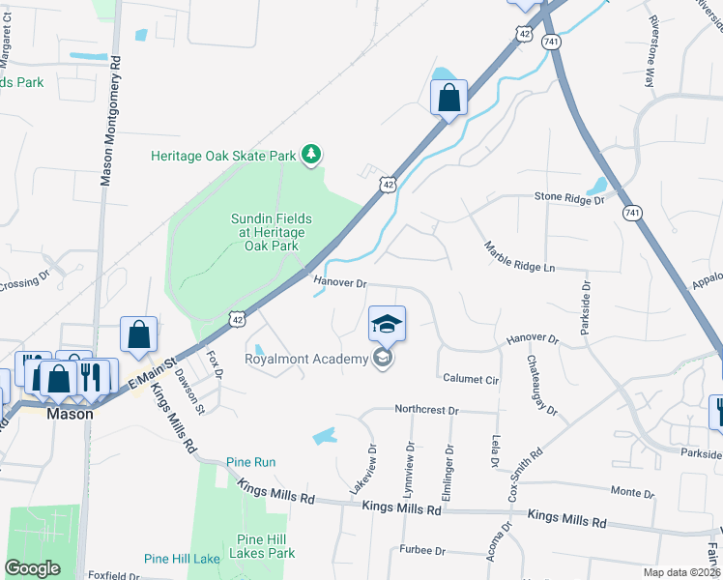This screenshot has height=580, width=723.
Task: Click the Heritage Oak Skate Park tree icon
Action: click(311, 155)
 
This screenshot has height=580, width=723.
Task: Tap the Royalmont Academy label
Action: click(306, 360)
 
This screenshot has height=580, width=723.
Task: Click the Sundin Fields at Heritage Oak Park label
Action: click(268, 232)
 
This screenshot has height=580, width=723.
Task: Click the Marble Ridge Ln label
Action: click(520, 257)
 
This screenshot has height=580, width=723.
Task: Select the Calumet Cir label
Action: click(470, 379)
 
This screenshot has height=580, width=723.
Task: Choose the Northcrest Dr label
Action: click(426, 410)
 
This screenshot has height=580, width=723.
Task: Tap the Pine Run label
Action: click(251, 462)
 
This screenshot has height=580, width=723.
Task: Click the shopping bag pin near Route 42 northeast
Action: click(448, 97)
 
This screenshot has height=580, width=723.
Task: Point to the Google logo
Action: click(32, 568)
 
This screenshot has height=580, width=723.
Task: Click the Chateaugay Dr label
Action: click(542, 385)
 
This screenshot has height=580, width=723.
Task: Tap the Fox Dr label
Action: click(214, 362)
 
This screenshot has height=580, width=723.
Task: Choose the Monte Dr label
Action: click(633, 493)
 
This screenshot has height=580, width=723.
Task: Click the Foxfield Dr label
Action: click(112, 575)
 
